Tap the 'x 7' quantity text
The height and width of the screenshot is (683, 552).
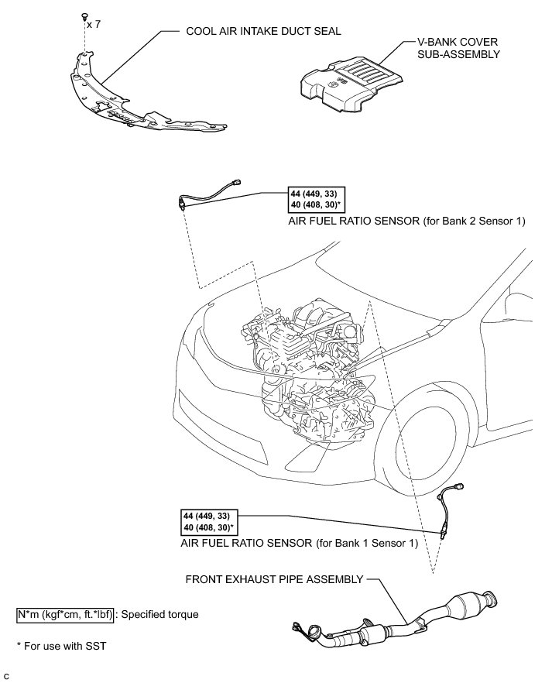click(x=94, y=25)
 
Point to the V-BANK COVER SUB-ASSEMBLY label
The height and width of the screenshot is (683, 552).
click(x=454, y=49)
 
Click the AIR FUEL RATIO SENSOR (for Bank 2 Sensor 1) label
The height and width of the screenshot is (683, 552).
click(x=406, y=221)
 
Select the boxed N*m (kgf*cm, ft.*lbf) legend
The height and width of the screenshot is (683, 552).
click(x=65, y=614)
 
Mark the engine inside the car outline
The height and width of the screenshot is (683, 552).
click(x=310, y=356)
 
